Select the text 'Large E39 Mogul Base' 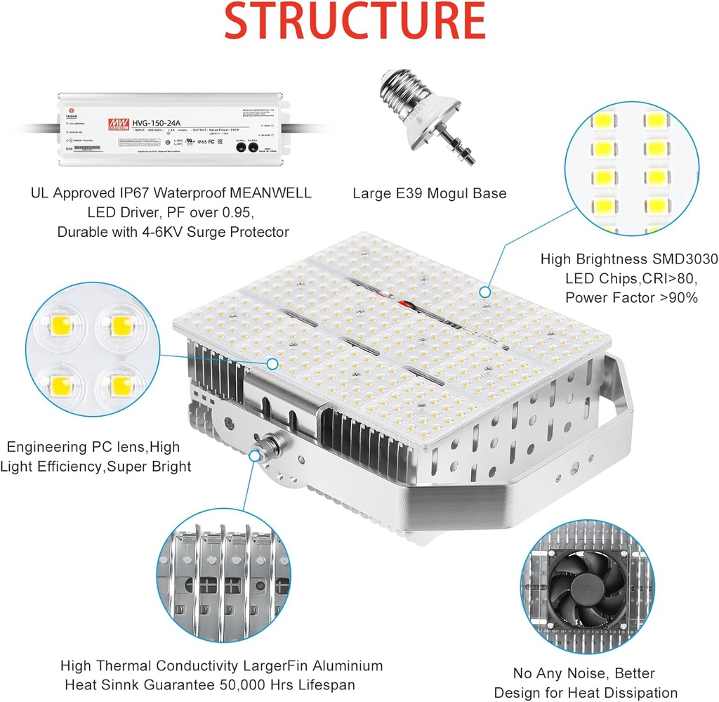pyautogui.click(x=429, y=193)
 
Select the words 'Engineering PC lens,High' pyautogui.click(x=93, y=446)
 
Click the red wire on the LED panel pyautogui.click(x=406, y=304)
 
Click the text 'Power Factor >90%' pyautogui.click(x=631, y=298)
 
